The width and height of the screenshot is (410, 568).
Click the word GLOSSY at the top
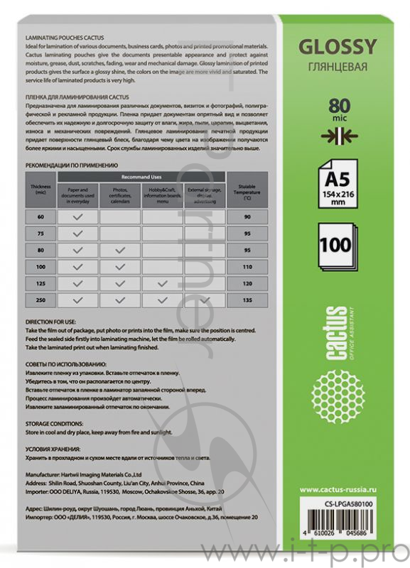(x=337, y=48)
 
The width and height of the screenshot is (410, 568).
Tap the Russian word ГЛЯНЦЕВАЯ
(x=337, y=67)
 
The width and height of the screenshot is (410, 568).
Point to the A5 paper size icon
(x=336, y=180)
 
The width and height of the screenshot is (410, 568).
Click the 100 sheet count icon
(x=336, y=246)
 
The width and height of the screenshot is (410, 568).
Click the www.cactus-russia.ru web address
(x=337, y=489)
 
